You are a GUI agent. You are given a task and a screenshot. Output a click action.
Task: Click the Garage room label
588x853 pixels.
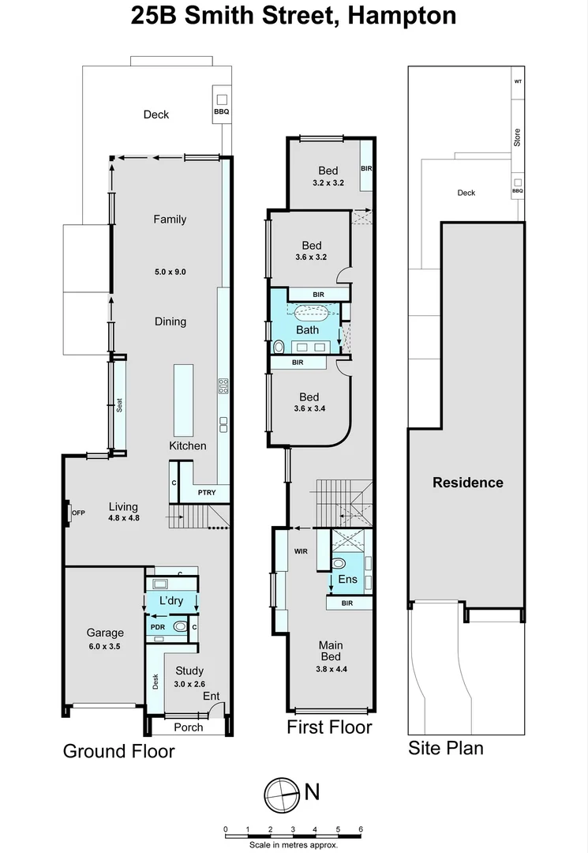(105, 633)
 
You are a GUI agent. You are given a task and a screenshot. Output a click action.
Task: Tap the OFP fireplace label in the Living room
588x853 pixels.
(78, 513)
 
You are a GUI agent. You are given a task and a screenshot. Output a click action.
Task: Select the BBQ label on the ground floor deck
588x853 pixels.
(222, 112)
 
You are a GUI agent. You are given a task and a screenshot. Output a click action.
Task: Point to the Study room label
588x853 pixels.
(189, 671)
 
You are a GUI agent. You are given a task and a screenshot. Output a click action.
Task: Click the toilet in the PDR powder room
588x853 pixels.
(180, 627)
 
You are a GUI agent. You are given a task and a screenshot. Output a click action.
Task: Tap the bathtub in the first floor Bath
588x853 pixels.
(312, 310)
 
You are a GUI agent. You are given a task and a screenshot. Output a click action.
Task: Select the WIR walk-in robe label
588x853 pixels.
(301, 550)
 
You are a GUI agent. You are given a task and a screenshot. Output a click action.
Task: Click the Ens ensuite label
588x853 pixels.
(347, 579)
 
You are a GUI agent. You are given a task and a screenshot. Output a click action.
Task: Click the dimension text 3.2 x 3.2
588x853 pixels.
(328, 184)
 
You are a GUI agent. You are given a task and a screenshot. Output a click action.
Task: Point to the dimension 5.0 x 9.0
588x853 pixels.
(170, 272)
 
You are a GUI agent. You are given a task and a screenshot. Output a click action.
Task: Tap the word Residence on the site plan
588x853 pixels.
(467, 483)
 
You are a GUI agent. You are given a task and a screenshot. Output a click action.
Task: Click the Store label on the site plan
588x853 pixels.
(518, 138)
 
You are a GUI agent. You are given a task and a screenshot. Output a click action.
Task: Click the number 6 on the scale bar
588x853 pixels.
(361, 829)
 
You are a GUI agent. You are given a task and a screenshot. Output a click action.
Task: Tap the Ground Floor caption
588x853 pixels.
(118, 750)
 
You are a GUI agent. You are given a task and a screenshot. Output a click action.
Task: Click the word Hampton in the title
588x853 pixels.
(399, 15)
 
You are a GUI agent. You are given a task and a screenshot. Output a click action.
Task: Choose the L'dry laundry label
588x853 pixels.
(171, 601)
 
